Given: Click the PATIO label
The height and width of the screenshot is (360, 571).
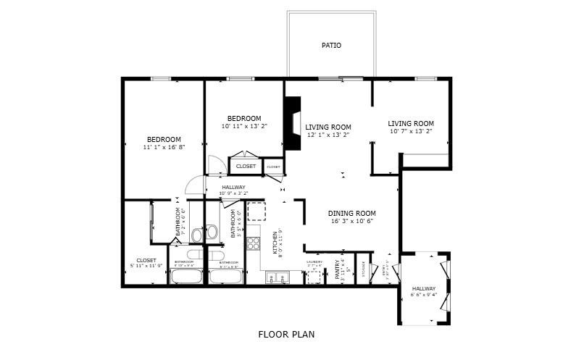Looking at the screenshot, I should click(x=331, y=46).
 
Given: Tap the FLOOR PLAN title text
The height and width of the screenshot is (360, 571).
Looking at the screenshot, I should click(x=286, y=335).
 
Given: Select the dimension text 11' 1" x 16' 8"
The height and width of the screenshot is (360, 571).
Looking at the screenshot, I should click(x=164, y=147).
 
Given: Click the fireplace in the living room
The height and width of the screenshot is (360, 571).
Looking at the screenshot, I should click(x=292, y=123).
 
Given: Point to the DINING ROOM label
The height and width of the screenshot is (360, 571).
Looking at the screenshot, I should click(x=352, y=213).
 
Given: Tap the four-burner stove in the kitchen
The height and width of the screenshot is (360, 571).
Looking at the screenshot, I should click(x=254, y=243).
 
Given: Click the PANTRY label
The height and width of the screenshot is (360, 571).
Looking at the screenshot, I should click(x=338, y=270).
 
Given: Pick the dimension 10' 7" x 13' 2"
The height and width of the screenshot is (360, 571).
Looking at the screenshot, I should click(x=411, y=131).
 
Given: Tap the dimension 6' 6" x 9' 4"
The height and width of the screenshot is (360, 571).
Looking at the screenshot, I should click(x=424, y=295).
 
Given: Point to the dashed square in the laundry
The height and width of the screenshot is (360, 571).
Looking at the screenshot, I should click(x=314, y=277).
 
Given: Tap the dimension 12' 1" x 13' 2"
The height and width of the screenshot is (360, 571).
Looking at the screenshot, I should click(x=328, y=135).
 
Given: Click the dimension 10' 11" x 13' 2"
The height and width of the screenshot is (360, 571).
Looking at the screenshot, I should click(x=244, y=126).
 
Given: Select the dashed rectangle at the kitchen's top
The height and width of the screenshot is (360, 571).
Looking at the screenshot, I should click(x=257, y=211).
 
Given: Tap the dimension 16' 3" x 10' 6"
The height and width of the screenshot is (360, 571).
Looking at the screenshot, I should click(x=352, y=221).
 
